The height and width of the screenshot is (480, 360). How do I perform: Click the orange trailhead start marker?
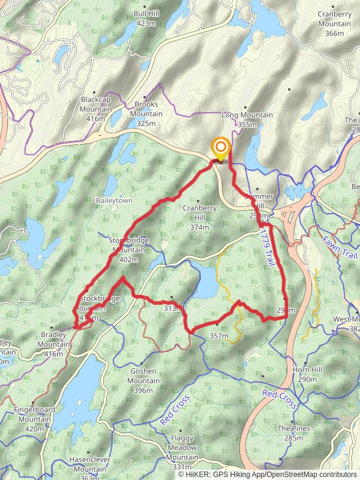[x=221, y=147]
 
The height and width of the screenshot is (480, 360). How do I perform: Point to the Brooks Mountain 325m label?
[x=146, y=113]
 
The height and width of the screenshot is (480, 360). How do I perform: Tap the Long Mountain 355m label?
[x=247, y=119]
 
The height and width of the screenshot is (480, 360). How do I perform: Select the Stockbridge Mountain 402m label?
[x=128, y=250]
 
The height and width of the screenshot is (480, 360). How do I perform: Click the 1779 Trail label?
[x=266, y=247]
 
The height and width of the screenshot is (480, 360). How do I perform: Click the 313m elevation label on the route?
[x=172, y=308]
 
